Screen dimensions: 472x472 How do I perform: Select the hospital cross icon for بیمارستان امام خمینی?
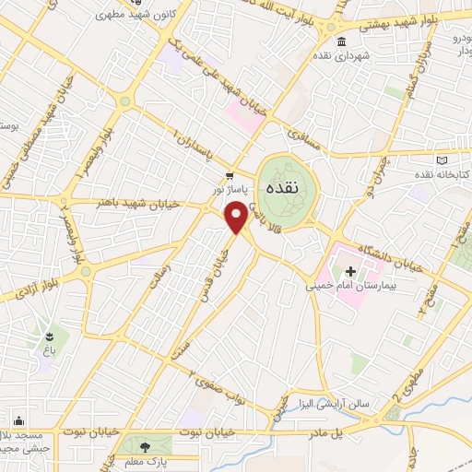point(350,271)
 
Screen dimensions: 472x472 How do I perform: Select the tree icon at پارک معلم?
point(138,446)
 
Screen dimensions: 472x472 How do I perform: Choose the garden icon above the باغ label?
point(47,336)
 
